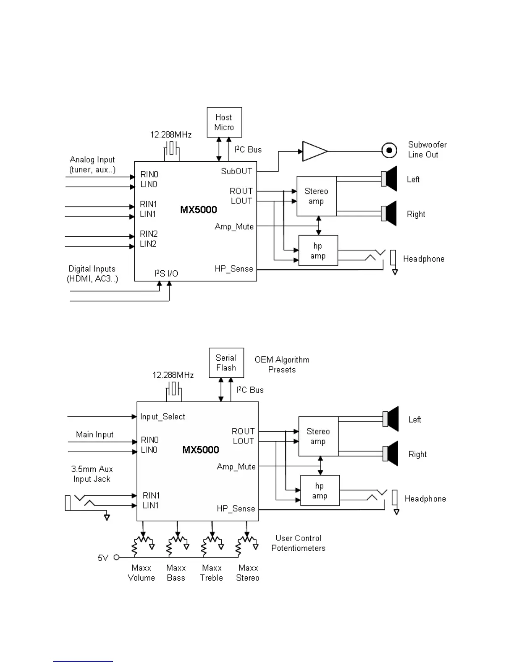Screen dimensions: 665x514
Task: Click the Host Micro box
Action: pyautogui.click(x=224, y=122)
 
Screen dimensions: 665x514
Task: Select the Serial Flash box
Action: pyautogui.click(x=226, y=363)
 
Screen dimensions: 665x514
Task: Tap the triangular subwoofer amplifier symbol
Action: pyautogui.click(x=314, y=151)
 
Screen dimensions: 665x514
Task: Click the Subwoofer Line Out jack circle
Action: pyautogui.click(x=389, y=150)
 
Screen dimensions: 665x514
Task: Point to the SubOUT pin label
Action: pyautogui.click(x=236, y=171)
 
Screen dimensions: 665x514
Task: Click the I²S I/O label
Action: pyautogui.click(x=166, y=274)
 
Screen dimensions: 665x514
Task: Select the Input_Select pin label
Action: pyautogui.click(x=163, y=416)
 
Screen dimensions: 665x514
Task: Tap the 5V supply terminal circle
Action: pyautogui.click(x=117, y=558)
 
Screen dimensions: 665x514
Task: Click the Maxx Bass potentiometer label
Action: pyautogui.click(x=176, y=573)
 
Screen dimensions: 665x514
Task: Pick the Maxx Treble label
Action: pyautogui.click(x=212, y=573)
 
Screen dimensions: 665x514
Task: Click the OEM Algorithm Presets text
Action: pyautogui.click(x=282, y=365)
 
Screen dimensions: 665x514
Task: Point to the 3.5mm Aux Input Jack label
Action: pyautogui.click(x=92, y=474)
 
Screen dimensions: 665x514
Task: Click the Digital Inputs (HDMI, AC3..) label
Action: pyautogui.click(x=92, y=274)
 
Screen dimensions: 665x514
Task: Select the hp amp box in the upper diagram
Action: pyautogui.click(x=318, y=251)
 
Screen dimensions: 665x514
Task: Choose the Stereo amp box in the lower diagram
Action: pyautogui.click(x=318, y=436)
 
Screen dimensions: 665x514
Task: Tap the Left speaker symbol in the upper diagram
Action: pyautogui.click(x=389, y=179)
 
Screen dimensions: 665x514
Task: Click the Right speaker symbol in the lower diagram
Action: pyautogui.click(x=391, y=453)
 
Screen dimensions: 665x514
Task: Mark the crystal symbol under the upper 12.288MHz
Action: pyautogui.click(x=171, y=149)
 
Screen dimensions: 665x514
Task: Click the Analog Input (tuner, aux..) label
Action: pyautogui.click(x=92, y=165)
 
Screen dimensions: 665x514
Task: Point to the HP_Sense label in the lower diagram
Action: pyautogui.click(x=236, y=509)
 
